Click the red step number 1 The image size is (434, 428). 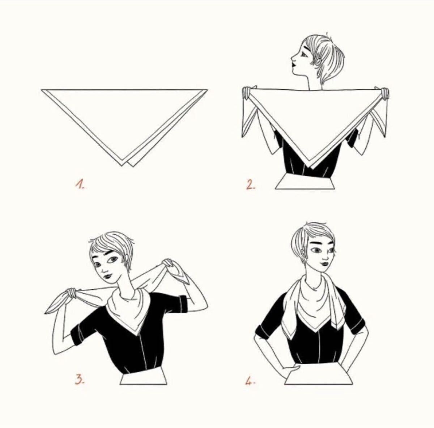80,184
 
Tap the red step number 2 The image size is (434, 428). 251,185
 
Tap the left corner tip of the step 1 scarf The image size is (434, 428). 42,90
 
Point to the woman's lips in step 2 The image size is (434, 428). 294,65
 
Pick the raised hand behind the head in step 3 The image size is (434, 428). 169,263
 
